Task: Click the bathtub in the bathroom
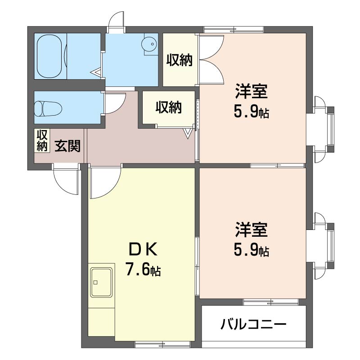(51, 57)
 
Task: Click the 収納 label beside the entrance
(42, 140)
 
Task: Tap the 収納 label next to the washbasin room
(180, 60)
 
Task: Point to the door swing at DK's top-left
(104, 183)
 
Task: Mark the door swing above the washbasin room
(118, 20)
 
